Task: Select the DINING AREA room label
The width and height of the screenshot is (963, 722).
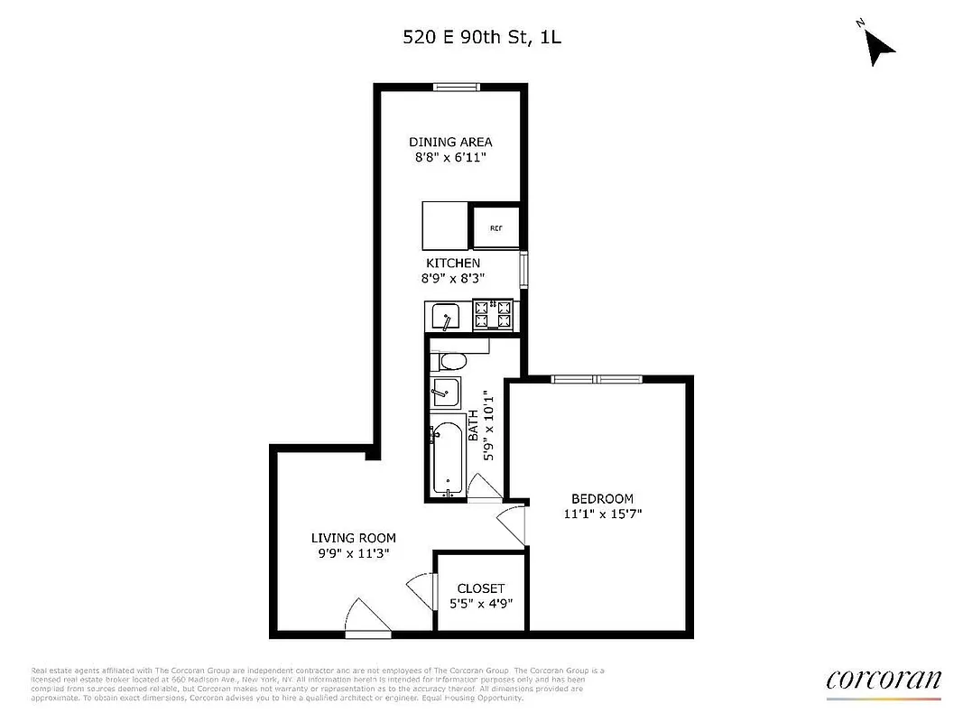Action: [450, 142]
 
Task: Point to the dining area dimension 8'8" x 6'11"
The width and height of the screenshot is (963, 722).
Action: [450, 157]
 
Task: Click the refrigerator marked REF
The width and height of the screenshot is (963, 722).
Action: [495, 227]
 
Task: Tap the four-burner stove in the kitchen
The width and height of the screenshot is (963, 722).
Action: [494, 314]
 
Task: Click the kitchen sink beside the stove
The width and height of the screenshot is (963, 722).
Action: [446, 317]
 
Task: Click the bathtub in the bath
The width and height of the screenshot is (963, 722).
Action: [447, 458]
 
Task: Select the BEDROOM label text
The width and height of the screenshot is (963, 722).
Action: [602, 498]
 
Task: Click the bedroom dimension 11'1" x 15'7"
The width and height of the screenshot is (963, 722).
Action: [602, 514]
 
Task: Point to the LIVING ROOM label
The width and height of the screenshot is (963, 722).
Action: [354, 538]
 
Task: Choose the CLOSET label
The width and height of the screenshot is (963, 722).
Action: [480, 588]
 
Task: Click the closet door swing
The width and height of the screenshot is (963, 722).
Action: [420, 590]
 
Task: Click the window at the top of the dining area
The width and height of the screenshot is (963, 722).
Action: [454, 88]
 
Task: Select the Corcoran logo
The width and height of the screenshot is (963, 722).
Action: [883, 680]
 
